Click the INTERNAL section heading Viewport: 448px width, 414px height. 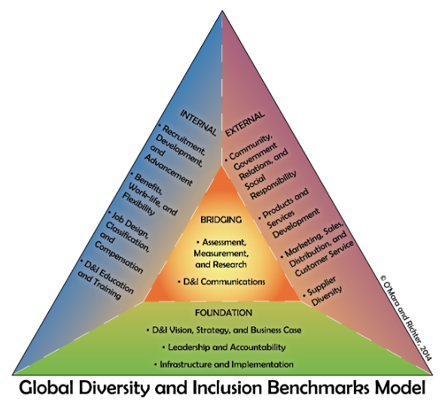click(x=199, y=122)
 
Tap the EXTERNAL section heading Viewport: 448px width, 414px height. click(x=245, y=124)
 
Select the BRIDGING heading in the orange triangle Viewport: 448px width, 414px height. click(x=221, y=219)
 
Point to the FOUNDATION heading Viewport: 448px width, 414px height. click(x=224, y=313)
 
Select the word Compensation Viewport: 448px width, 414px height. click(x=118, y=257)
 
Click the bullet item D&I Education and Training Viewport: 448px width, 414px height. click(x=106, y=279)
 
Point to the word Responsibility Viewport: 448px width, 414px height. click(x=273, y=186)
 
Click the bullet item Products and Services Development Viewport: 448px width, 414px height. click(x=288, y=213)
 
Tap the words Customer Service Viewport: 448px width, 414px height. click(x=325, y=259)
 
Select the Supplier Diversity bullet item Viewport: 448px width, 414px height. click(x=324, y=291)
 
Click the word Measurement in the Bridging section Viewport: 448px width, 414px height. click(x=221, y=253)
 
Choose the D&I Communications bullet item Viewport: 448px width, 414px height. click(x=221, y=282)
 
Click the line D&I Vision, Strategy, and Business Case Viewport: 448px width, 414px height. click(x=224, y=330)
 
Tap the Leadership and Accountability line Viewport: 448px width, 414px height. click(x=224, y=348)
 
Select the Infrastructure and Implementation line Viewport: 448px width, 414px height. click(x=224, y=364)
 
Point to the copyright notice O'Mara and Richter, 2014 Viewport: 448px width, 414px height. click(x=406, y=318)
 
